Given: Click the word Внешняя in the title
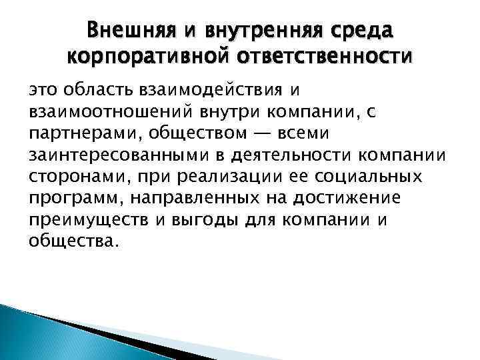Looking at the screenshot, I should click(x=129, y=31).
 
